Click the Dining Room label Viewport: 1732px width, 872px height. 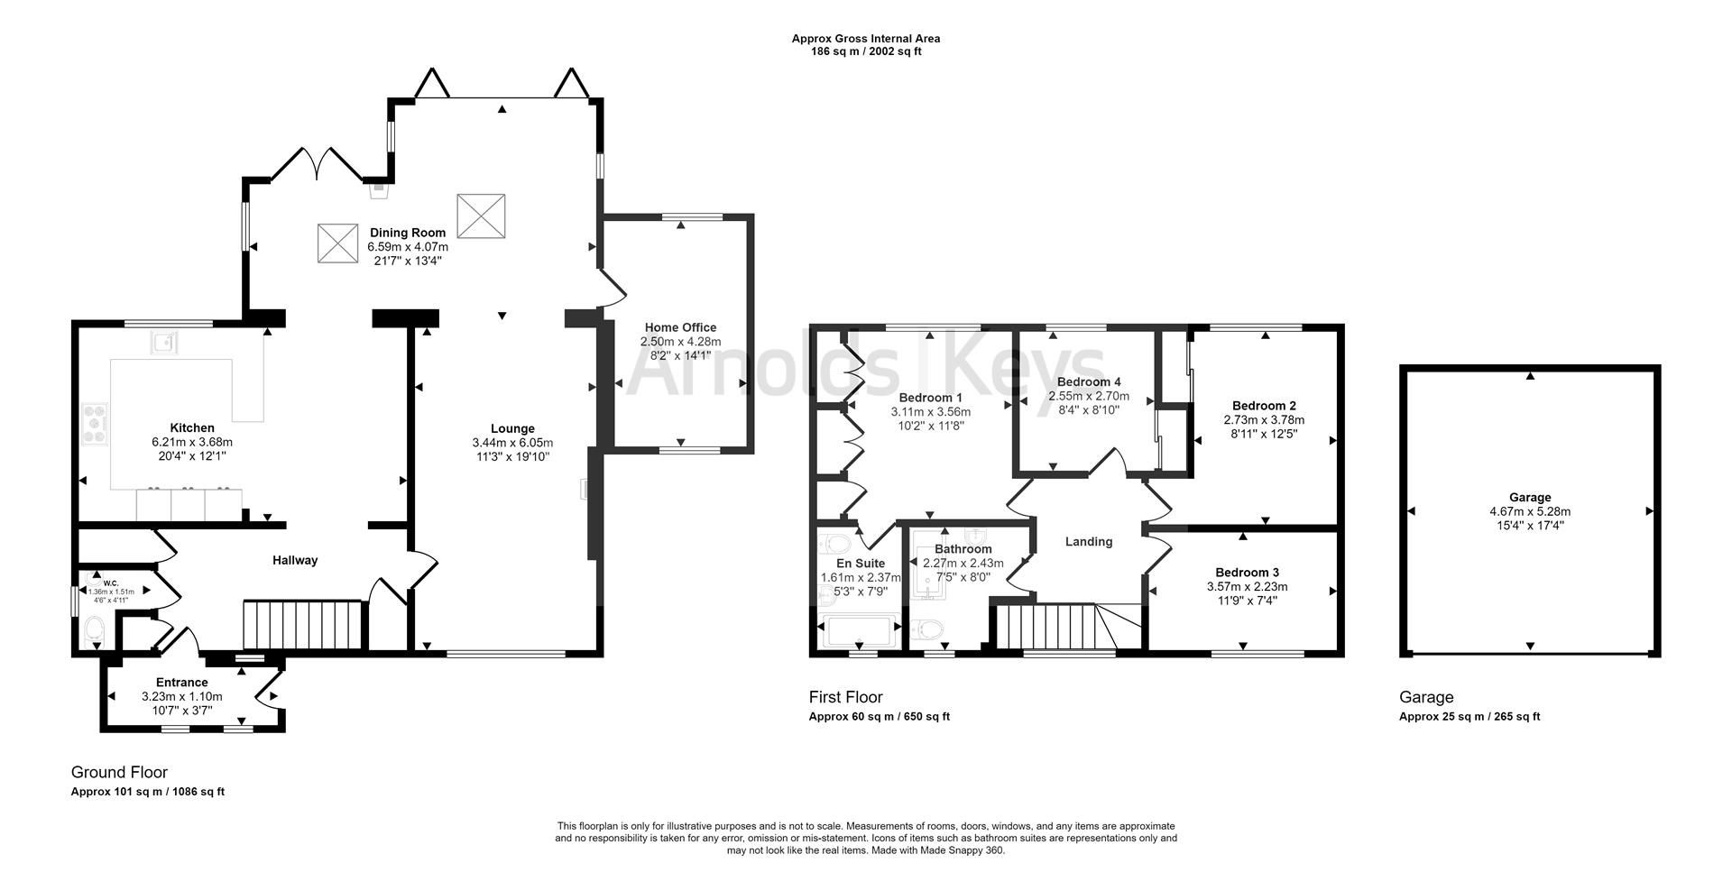coord(407,233)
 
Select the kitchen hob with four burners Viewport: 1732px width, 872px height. coord(95,424)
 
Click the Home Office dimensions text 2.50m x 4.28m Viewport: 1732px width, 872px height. coord(680,342)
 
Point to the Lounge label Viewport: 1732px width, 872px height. coord(512,428)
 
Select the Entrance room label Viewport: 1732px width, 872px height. coord(181,683)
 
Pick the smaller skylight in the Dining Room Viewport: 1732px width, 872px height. coord(339,243)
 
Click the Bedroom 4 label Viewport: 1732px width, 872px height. coord(1088,381)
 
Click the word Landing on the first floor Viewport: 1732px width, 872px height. coord(1088,542)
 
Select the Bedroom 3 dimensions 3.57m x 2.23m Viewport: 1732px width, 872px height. coord(1247,587)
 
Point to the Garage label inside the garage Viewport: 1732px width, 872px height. coord(1530,497)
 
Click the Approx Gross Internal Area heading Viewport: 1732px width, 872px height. coord(865,39)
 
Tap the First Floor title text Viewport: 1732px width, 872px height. coord(845,697)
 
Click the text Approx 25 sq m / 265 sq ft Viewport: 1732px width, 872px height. coord(1469,717)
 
